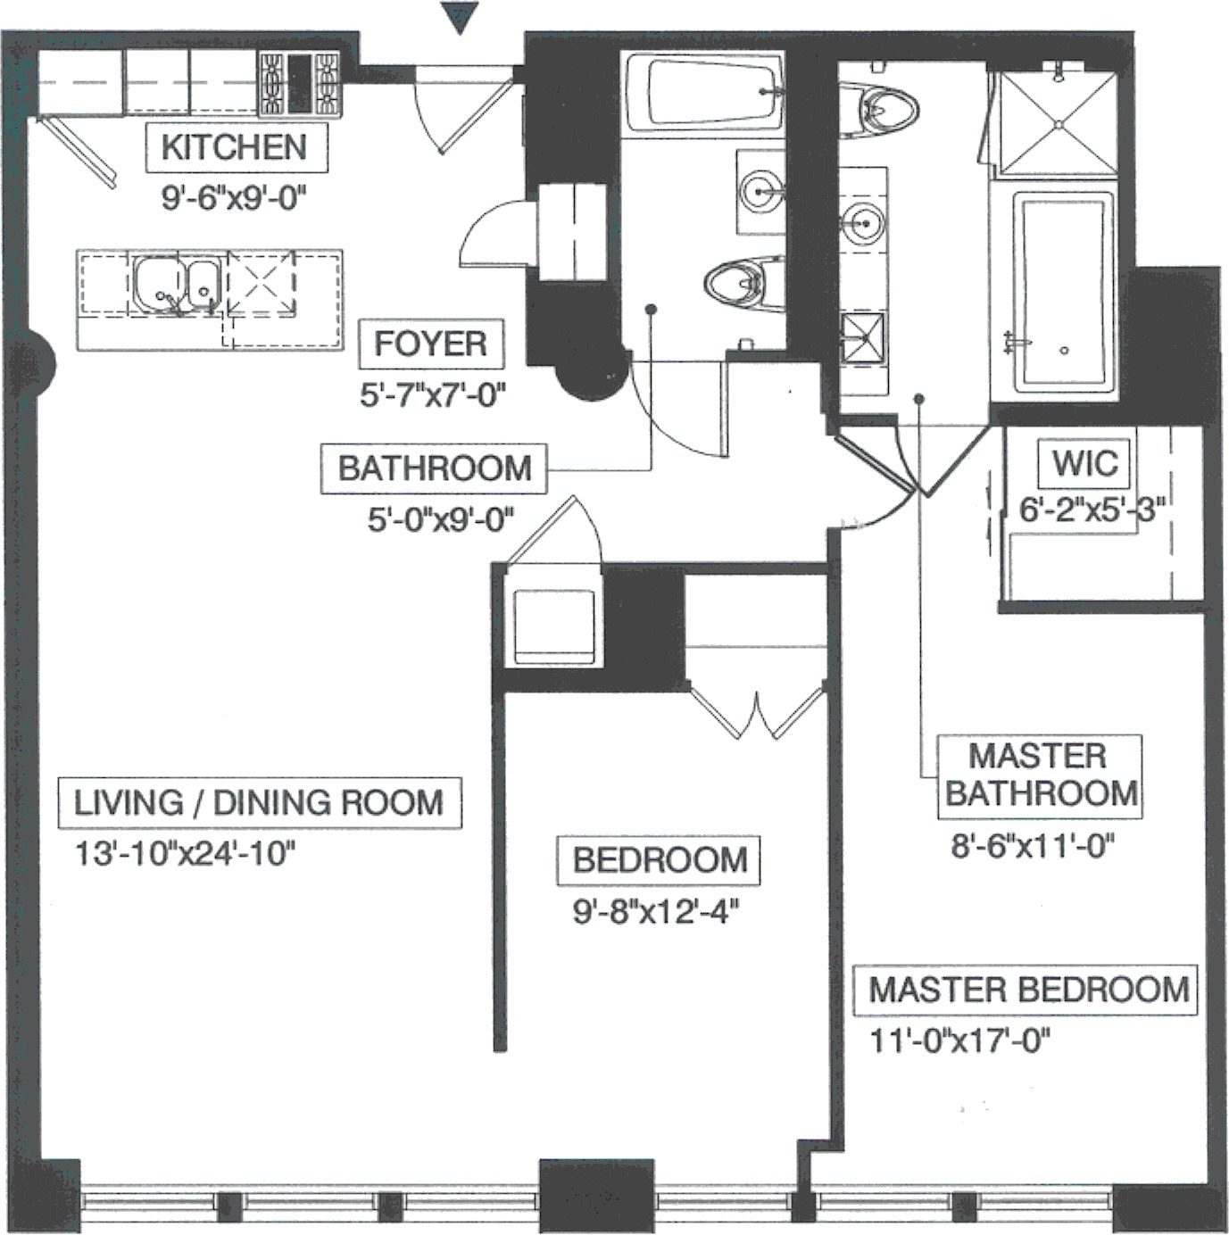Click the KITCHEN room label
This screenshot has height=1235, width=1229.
[236, 147]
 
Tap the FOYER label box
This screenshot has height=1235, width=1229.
[430, 344]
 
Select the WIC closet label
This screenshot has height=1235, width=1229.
[1084, 463]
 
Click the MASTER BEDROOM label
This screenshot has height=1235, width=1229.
[1027, 990]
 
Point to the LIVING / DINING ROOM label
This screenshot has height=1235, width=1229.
[258, 802]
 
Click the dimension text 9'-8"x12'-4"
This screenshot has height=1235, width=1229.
[658, 912]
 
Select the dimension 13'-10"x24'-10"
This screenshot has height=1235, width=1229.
[184, 854]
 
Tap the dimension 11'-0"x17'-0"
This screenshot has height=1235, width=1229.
[959, 1040]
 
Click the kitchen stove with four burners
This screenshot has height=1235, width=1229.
[300, 84]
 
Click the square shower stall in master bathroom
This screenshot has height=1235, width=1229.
[1057, 123]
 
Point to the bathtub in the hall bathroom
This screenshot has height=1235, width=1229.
[703, 93]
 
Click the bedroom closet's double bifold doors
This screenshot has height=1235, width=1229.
[757, 714]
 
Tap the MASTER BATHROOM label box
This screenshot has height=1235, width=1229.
[1040, 775]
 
